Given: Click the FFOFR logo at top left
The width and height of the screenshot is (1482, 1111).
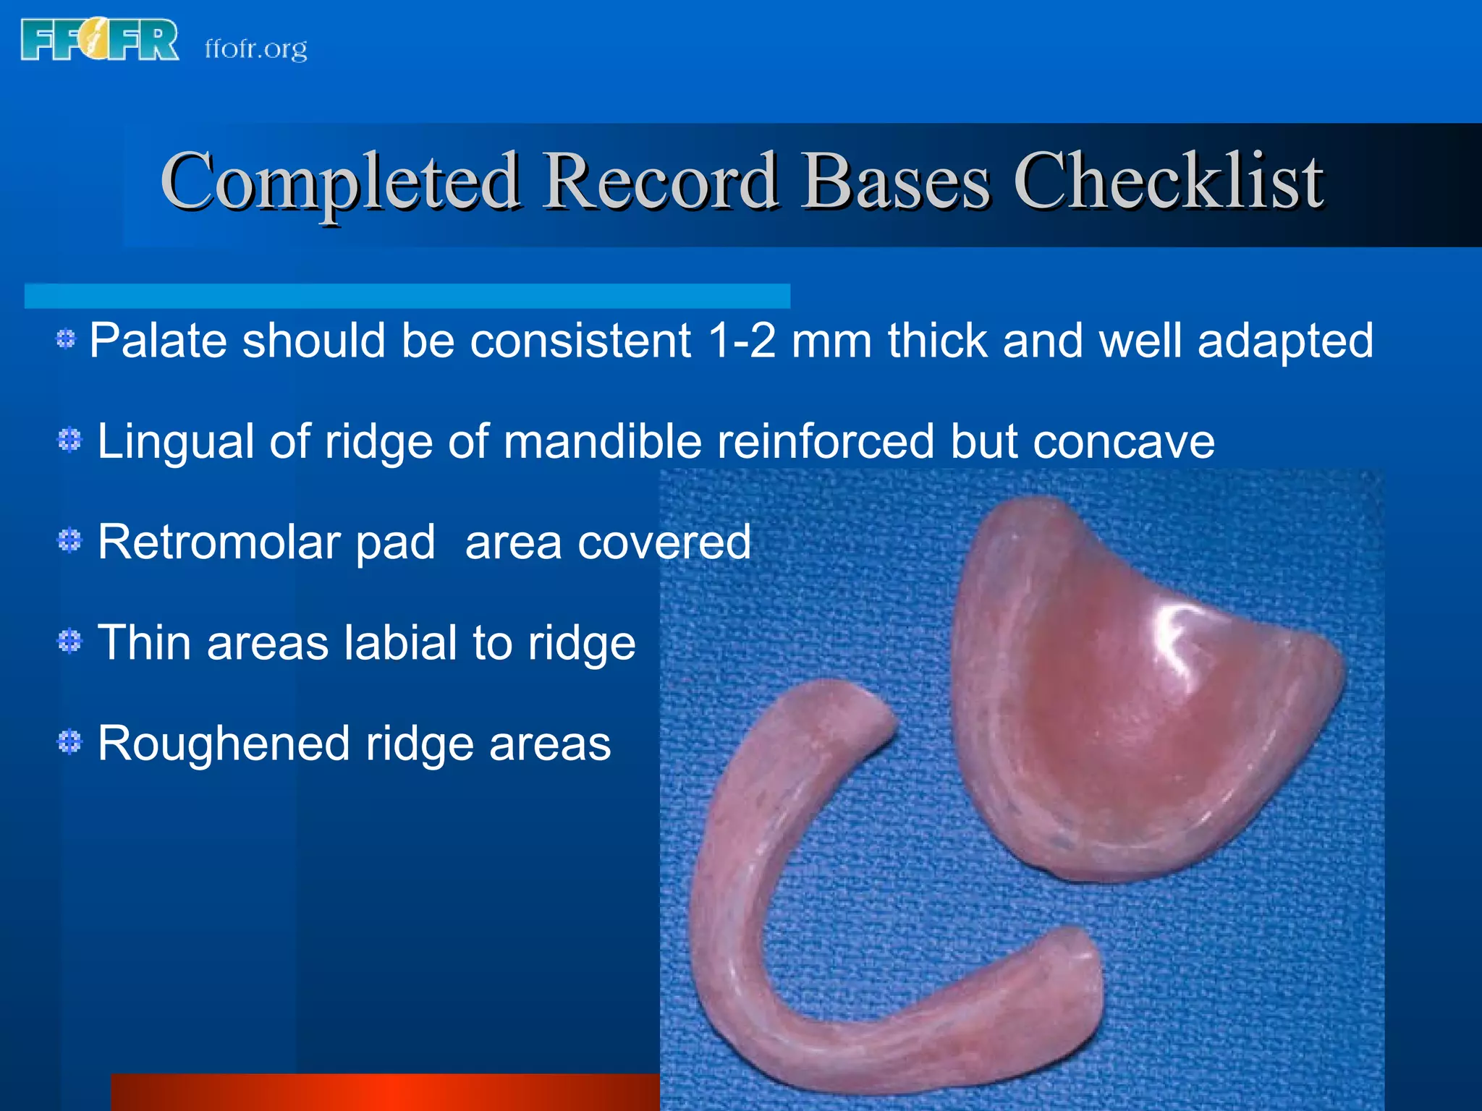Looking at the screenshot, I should [100, 41].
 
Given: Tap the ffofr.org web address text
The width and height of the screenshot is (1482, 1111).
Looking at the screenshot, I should [255, 48].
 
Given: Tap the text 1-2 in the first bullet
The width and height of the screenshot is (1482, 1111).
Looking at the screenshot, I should [742, 340].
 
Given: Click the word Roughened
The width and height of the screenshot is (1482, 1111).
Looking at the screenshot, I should [224, 744].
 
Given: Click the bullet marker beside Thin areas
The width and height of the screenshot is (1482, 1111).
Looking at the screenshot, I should [69, 641].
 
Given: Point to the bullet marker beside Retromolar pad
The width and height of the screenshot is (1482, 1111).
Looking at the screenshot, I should [69, 540].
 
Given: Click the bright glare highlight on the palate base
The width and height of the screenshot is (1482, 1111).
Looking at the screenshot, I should [1176, 629].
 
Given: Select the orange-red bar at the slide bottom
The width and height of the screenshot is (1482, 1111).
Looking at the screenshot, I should [384, 1092].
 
